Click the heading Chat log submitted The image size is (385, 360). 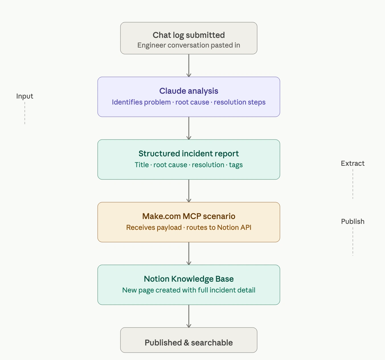pos(189,35)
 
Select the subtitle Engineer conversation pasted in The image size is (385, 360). pos(189,45)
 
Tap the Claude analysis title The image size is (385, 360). pos(189,91)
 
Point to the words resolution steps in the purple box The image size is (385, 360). pos(239,102)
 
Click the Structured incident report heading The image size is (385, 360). pos(189,154)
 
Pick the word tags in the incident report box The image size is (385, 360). pos(236,165)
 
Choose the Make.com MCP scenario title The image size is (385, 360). pos(189,216)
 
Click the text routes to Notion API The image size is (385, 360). pos(219,228)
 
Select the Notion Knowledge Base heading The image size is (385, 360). pos(189,279)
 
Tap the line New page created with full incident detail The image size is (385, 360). pos(189,290)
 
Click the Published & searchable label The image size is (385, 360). pos(189,343)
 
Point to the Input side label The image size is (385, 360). pos(24,96)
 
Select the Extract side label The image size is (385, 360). pos(353,163)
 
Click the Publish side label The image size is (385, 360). pos(353,222)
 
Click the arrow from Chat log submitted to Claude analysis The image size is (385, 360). pos(189,66)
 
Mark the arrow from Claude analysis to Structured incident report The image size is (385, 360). pos(189,128)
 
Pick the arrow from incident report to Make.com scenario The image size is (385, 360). pos(189,191)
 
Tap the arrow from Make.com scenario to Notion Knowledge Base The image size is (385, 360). pos(189,253)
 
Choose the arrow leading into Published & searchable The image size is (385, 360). pos(189,316)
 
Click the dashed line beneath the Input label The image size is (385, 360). pos(25,113)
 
